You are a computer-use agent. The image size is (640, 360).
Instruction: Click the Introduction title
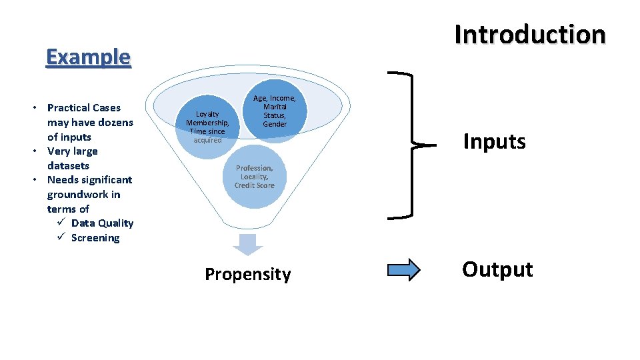click(530, 35)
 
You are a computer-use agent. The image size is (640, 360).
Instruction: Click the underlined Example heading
click(88, 57)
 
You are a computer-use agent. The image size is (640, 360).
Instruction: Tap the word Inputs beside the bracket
click(494, 141)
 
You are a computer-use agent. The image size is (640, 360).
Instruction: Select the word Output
click(497, 269)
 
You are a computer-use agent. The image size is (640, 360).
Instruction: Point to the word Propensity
click(247, 275)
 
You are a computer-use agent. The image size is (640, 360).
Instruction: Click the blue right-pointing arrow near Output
click(404, 269)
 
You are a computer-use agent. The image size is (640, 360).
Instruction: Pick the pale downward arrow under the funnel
click(247, 244)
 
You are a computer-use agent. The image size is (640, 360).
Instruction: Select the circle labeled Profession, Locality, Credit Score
click(254, 177)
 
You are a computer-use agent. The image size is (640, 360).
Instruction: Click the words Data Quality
click(102, 223)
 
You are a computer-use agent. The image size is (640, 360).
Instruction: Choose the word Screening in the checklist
click(95, 238)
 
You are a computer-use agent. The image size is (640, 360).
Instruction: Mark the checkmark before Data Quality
click(60, 223)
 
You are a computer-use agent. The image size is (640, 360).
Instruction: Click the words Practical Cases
click(84, 107)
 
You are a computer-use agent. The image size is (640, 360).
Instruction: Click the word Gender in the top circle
click(275, 125)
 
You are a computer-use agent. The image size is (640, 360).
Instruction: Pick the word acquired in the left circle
click(207, 141)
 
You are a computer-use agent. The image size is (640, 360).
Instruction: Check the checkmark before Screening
click(60, 237)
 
